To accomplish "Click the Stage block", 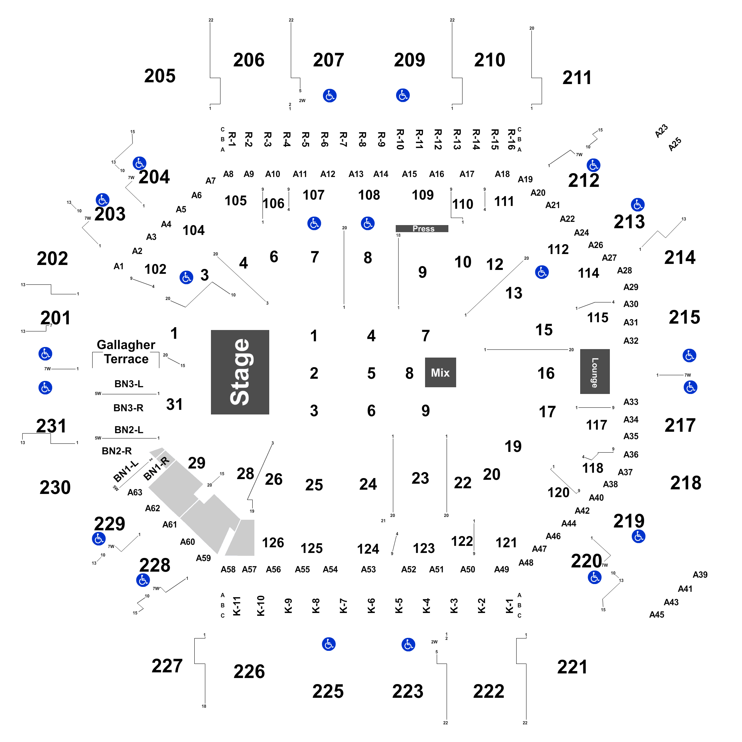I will (x=240, y=372).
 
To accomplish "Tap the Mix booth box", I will (x=440, y=372).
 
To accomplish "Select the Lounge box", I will (x=595, y=371).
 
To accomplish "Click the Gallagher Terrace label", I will (x=126, y=352).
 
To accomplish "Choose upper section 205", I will (x=160, y=76).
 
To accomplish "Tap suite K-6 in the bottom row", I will (x=371, y=606).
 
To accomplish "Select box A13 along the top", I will (x=356, y=174).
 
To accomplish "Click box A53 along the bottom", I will (x=368, y=569).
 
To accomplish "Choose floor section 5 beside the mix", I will (x=371, y=373).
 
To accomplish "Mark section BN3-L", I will (x=129, y=384).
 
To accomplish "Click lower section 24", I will (x=368, y=484).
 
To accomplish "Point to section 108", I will (x=369, y=195).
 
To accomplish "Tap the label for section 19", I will (x=513, y=446).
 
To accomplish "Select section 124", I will (x=368, y=548).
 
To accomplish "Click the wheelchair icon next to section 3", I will (x=186, y=277).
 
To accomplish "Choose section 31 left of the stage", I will (x=174, y=404).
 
